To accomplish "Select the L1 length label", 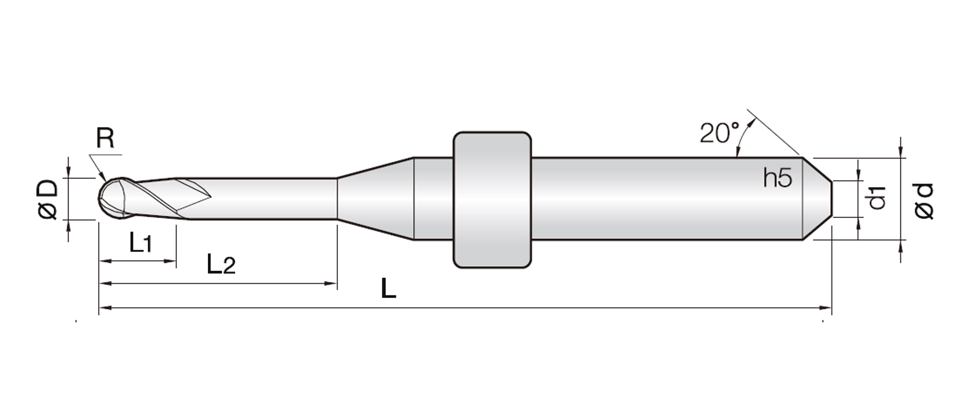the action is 140,243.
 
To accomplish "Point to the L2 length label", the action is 221,264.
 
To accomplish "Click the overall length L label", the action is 388,288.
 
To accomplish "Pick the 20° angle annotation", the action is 719,132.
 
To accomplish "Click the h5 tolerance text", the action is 778,177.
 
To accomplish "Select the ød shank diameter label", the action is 924,200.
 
